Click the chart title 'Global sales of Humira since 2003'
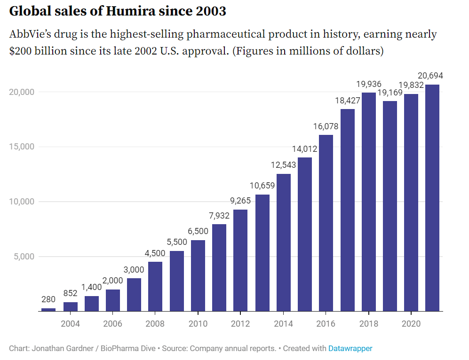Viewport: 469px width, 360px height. click(x=118, y=11)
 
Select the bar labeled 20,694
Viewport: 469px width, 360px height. click(x=432, y=197)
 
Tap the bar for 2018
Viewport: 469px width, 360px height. click(x=368, y=202)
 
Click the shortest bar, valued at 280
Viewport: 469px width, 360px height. click(x=48, y=309)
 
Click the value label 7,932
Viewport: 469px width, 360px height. click(x=219, y=216)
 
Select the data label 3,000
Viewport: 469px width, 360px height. click(x=134, y=270)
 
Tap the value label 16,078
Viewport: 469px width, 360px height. click(x=326, y=126)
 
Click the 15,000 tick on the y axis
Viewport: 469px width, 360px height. click(x=22, y=147)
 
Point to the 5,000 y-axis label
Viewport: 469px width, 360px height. click(x=24, y=257)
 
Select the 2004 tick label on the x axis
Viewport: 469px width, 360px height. click(x=70, y=323)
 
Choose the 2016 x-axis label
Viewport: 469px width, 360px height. click(x=326, y=323)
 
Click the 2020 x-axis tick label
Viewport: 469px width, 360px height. click(x=411, y=323)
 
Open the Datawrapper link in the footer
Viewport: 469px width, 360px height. click(x=350, y=348)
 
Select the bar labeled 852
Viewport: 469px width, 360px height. click(x=70, y=306)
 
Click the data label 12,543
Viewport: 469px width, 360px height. click(x=283, y=165)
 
